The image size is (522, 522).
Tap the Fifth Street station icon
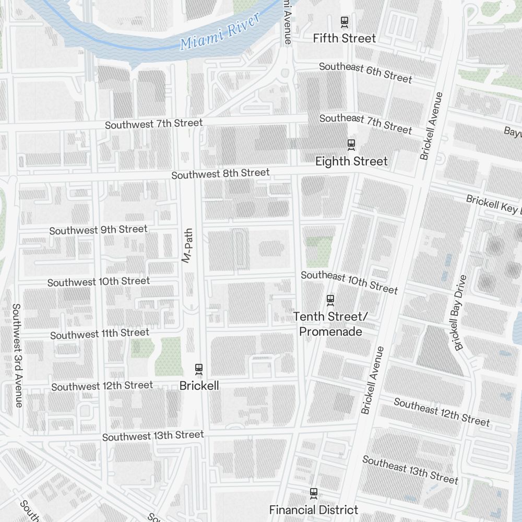point(345,22)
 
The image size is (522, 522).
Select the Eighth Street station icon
point(351,144)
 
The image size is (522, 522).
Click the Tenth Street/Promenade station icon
point(330,300)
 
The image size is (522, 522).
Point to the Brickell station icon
point(198,369)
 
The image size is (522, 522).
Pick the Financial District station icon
point(313,493)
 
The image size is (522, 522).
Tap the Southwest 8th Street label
point(220,174)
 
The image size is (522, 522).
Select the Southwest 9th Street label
point(98,230)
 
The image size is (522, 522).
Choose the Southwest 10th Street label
point(98,282)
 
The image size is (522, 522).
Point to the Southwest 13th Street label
point(152,436)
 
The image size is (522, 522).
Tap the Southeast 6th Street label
point(365,73)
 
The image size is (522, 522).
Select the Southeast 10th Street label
point(349,282)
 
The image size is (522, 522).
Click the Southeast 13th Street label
point(410,469)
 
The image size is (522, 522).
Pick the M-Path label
point(187,245)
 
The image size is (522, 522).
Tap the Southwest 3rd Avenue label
point(17,355)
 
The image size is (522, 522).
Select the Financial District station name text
point(313,510)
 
